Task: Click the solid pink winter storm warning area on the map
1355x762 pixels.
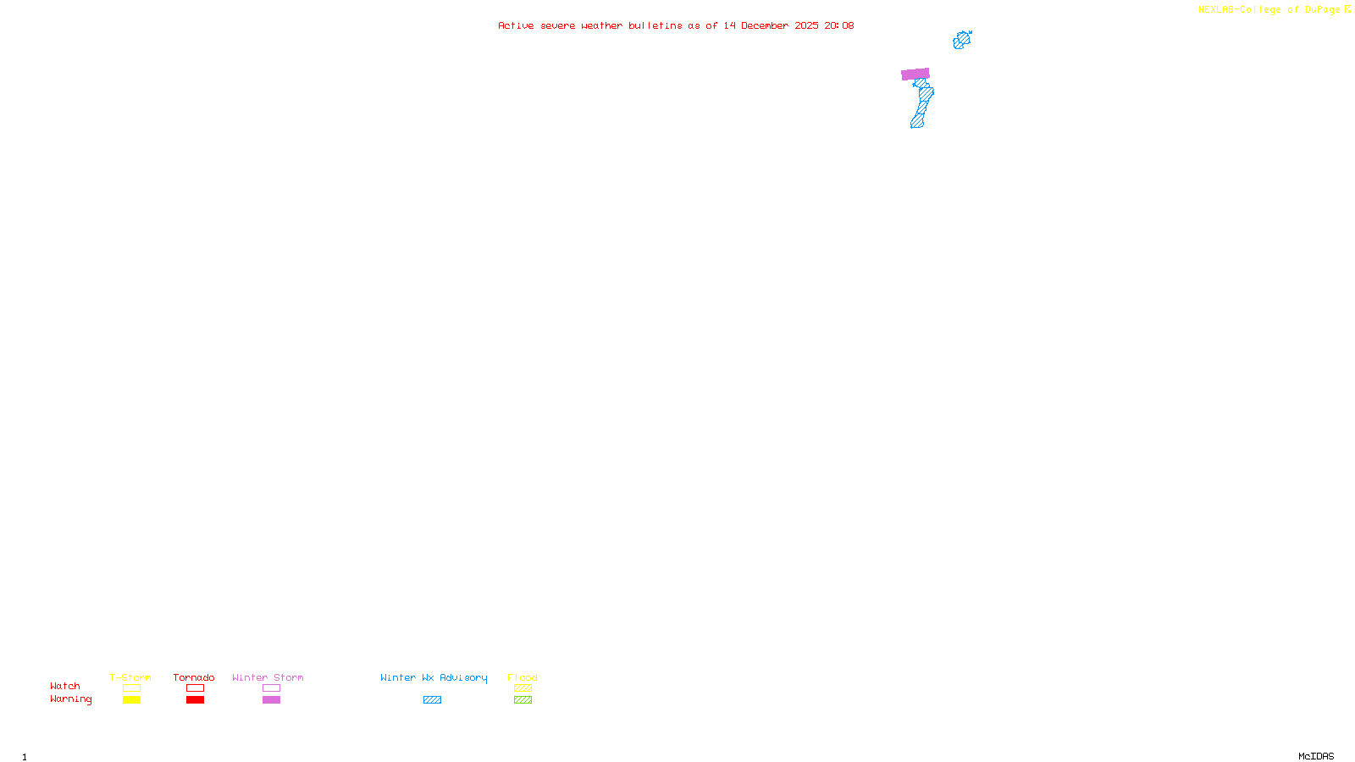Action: tap(915, 75)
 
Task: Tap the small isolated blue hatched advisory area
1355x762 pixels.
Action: tap(961, 40)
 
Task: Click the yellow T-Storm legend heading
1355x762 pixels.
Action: tap(130, 677)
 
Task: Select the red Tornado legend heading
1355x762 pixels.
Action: tap(194, 677)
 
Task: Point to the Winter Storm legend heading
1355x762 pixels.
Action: tap(268, 677)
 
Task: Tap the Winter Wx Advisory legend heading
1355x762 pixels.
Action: tap(434, 677)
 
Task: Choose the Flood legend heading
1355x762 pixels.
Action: tap(523, 677)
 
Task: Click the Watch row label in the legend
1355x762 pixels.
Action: tap(65, 686)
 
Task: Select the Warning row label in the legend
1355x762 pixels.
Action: tap(71, 699)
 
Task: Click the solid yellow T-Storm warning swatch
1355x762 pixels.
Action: tap(131, 700)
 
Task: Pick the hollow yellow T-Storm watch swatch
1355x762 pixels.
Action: tap(131, 688)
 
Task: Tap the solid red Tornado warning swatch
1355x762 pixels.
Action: tap(195, 700)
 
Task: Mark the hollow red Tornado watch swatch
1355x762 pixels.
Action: tap(195, 688)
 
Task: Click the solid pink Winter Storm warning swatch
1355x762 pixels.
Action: tap(271, 700)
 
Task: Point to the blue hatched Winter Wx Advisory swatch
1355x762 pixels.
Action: tap(432, 700)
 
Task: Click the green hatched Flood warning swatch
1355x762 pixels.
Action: tap(523, 700)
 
